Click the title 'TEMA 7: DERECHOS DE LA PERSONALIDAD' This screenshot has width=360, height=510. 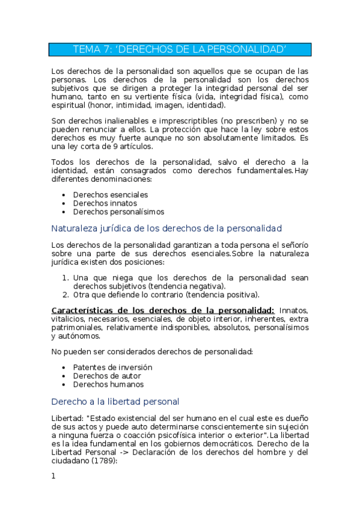coord(180,49)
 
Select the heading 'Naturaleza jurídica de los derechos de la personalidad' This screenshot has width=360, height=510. coord(166,229)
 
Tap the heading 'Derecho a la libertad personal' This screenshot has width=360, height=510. coord(115,401)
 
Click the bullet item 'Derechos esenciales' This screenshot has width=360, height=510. coord(111,195)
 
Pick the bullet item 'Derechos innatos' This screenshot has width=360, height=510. coord(105,203)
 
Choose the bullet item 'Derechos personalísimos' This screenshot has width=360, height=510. coord(118,212)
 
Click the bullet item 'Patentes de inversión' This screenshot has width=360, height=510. coord(112,367)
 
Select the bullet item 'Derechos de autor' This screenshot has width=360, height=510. coord(107,376)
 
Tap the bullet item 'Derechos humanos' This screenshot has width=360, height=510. coord(108,384)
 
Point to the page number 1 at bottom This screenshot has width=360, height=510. coord(53,476)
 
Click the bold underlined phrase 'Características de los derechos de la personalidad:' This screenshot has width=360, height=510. coord(163,310)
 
